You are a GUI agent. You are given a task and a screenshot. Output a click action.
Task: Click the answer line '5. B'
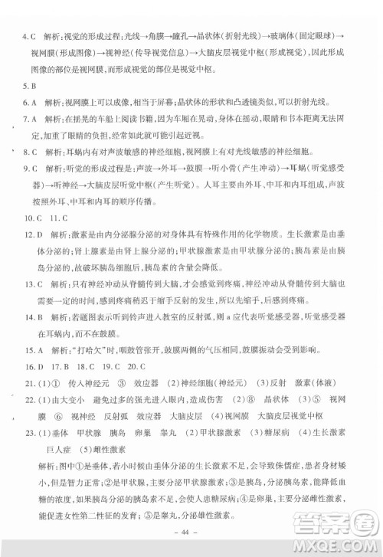coord(29,85)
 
